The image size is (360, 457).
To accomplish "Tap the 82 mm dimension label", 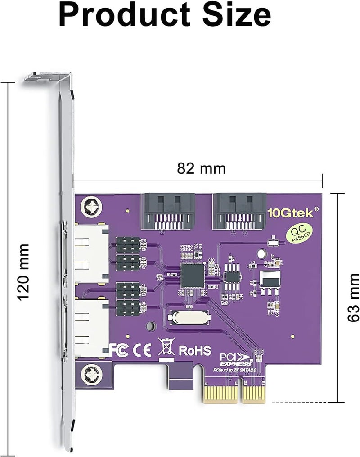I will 201,168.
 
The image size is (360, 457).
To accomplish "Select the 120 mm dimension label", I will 22,272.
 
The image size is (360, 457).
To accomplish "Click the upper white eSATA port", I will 90,254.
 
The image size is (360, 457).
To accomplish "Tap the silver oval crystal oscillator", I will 188,318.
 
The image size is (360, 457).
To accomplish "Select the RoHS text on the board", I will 195,350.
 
